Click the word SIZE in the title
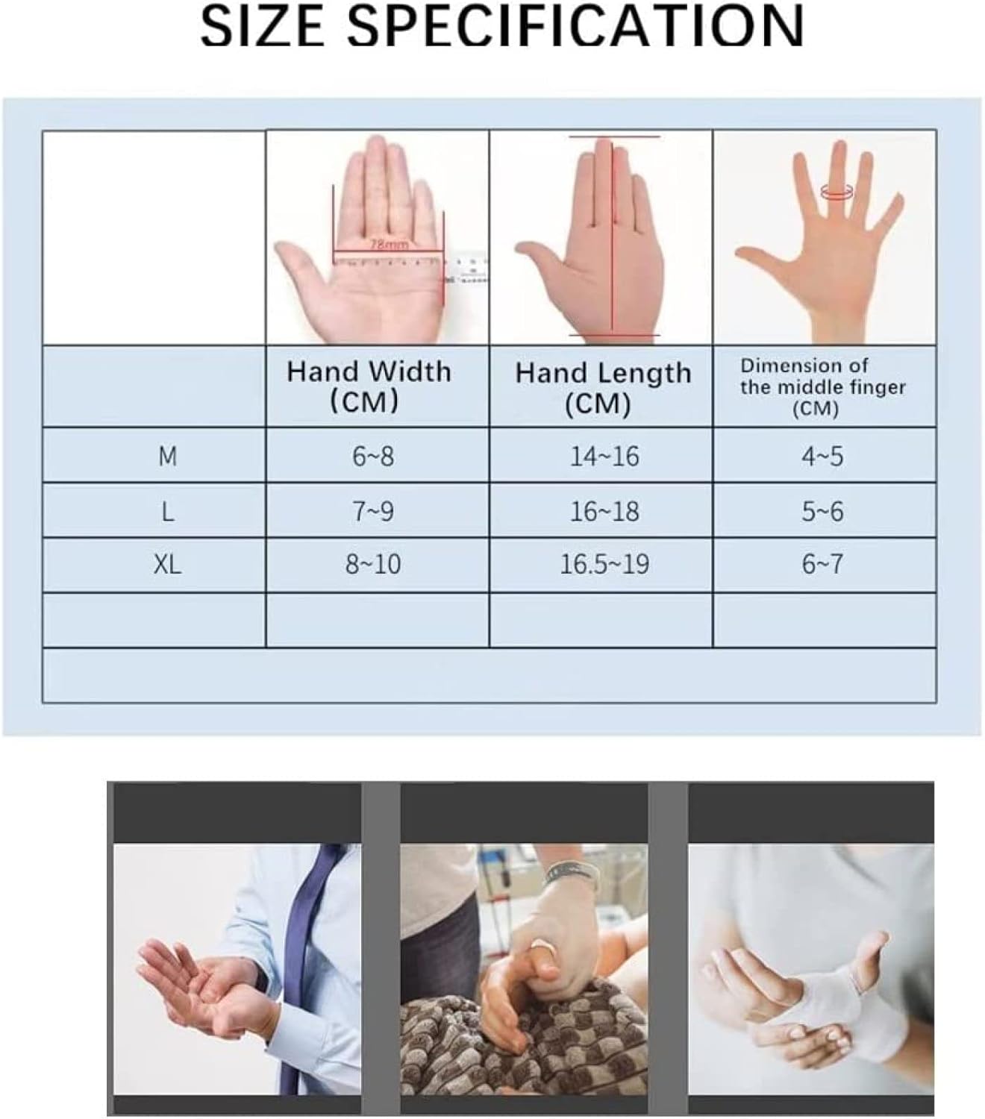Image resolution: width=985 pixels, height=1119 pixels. coord(263,26)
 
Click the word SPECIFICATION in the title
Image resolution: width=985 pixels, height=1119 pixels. coord(575,26)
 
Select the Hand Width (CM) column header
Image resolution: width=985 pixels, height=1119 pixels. coord(369,386)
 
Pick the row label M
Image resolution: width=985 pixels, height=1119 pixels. coord(167,455)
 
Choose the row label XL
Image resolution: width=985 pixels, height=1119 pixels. coord(167,564)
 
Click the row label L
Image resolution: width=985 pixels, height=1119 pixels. coord(167,511)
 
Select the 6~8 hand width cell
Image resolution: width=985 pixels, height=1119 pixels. coord(373,455)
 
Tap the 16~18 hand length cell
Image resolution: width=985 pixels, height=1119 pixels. coord(604,511)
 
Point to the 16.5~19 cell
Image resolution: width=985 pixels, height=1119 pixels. coord(604,564)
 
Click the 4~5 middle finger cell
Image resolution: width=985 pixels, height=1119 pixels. coord(822,455)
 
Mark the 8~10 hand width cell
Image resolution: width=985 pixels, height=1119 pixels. coord(373,564)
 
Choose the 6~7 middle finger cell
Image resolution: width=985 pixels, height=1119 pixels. coord(822,564)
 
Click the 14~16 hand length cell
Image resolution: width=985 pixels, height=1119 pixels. coord(604,455)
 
